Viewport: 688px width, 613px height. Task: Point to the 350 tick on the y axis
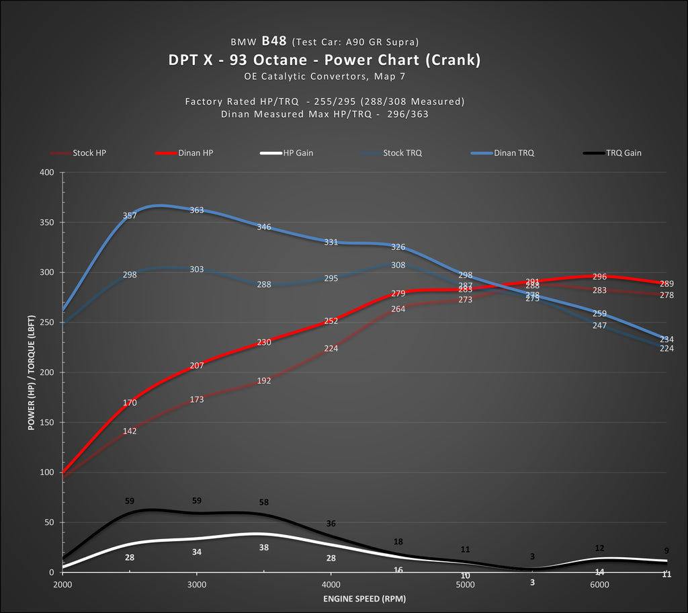46,222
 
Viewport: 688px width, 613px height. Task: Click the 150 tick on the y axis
46,422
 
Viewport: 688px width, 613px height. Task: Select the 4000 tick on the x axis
331,585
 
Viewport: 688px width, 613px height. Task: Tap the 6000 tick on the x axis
599,585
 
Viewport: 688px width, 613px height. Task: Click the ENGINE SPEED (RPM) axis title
364,598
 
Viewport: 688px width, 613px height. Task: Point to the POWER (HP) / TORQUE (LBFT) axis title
32,372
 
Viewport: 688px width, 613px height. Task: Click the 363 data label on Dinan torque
197,210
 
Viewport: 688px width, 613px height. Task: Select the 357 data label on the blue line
130,216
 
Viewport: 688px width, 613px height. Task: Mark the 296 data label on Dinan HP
600,276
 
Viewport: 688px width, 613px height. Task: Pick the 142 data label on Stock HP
130,431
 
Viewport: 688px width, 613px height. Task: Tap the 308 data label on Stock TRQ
398,265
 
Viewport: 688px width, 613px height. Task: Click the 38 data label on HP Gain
264,548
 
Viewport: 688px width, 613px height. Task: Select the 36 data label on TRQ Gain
331,524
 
